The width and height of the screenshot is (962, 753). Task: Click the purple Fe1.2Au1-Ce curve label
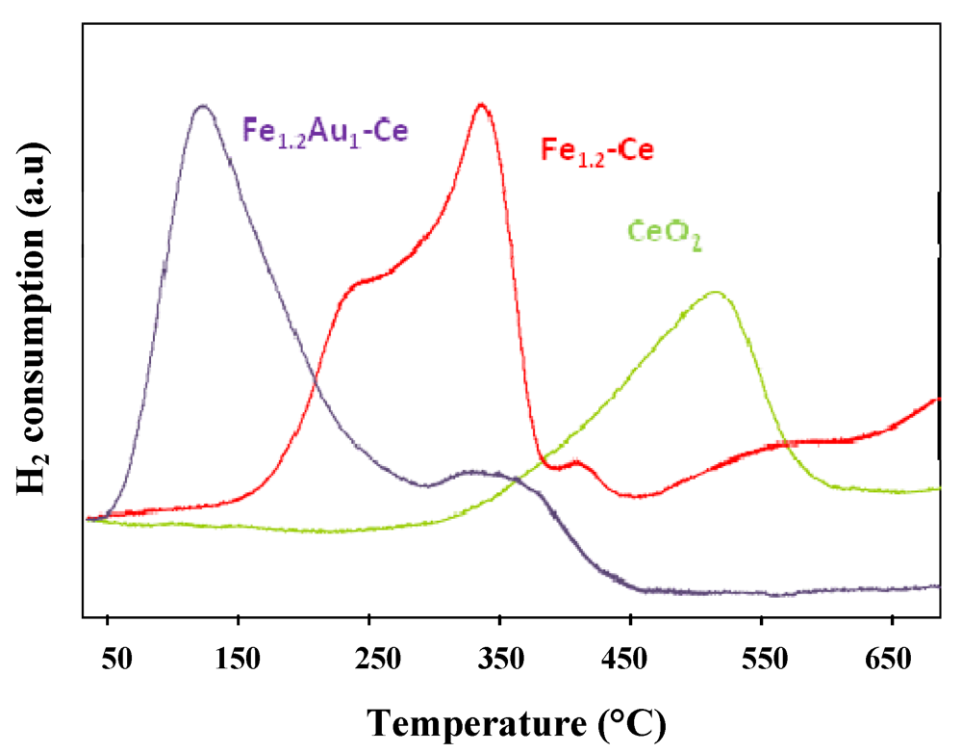click(x=325, y=132)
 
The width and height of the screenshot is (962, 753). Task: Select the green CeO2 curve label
click(x=664, y=234)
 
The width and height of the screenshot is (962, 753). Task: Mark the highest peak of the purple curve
click(x=202, y=106)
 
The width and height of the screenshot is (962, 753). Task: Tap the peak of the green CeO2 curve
click(x=715, y=292)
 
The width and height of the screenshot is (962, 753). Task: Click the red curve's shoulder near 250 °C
click(x=361, y=282)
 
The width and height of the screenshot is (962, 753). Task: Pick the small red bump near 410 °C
click(x=577, y=462)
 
